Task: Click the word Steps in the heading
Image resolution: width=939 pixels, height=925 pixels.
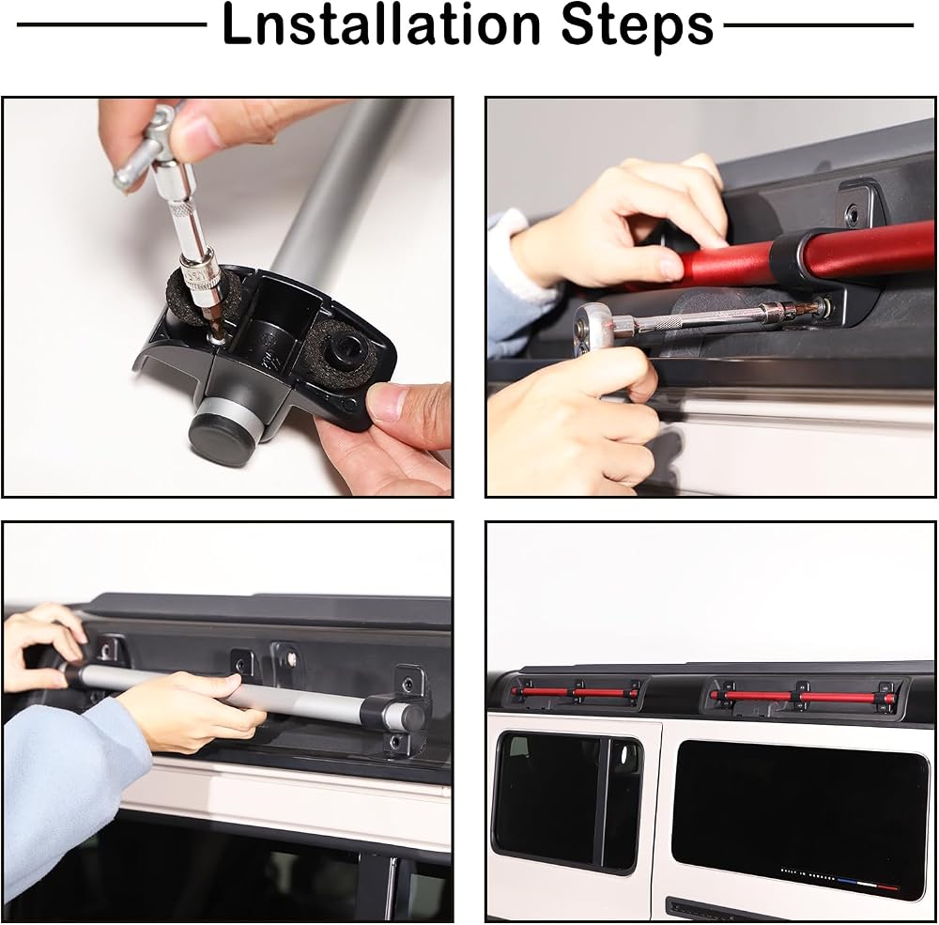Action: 639,27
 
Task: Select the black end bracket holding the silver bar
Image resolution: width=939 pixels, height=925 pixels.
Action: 400,710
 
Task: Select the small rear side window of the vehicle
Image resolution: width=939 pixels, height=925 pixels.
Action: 566,800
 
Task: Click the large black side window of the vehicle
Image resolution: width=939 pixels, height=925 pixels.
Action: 799,818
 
